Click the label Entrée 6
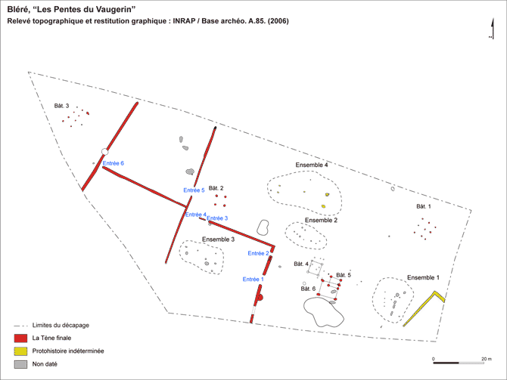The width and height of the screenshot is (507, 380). [x=114, y=163]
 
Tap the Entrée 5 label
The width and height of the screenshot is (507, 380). [x=194, y=190]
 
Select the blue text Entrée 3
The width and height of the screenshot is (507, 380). [x=217, y=218]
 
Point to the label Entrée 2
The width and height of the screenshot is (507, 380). [x=258, y=253]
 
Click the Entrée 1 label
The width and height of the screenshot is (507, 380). [x=253, y=280]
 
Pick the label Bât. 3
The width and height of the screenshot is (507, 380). [x=61, y=106]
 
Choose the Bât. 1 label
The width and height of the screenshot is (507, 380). [x=424, y=206]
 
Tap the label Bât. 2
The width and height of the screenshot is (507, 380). [x=216, y=188]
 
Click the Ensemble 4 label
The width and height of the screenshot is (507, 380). [x=312, y=165]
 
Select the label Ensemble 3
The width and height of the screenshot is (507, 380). [x=218, y=239]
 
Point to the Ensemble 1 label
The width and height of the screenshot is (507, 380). [x=423, y=278]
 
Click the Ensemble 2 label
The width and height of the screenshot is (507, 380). [x=321, y=220]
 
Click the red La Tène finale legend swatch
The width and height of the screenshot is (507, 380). [x=20, y=338]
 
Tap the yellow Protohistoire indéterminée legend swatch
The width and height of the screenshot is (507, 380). [x=20, y=351]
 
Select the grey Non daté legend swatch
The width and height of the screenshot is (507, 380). [x=20, y=364]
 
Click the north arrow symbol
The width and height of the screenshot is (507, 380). [x=492, y=29]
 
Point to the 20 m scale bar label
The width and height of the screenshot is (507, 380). [x=487, y=359]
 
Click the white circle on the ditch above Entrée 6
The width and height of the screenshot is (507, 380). [x=104, y=151]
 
